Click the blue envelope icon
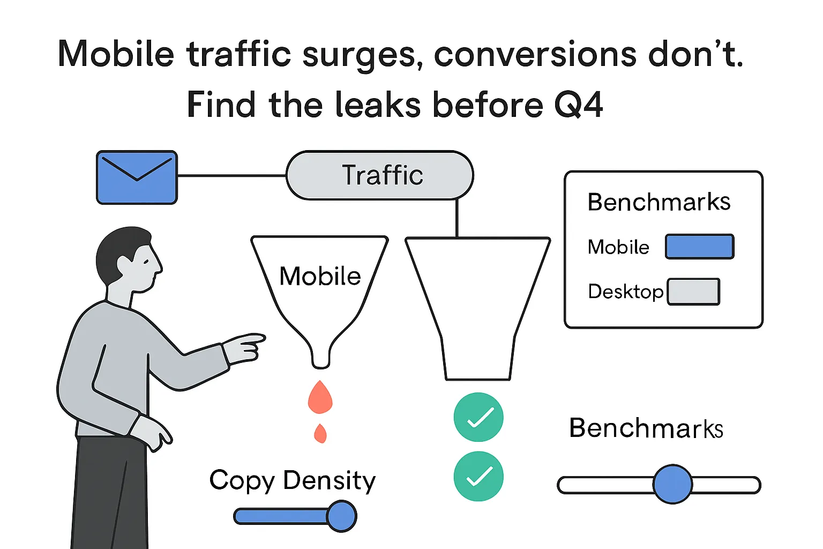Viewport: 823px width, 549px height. pos(137,177)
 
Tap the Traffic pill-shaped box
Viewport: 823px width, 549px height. pos(380,175)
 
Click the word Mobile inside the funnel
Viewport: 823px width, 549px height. pos(320,276)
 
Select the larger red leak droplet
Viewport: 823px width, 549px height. pos(320,397)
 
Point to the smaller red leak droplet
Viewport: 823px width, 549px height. pos(320,433)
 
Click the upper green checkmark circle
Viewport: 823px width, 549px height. pos(478,417)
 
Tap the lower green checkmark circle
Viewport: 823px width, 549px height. pos(478,476)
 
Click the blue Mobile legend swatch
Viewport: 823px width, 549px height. pos(699,247)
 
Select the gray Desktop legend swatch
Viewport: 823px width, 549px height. pos(693,292)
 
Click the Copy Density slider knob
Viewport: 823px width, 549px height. pos(341,516)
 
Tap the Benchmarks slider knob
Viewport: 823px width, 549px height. pos(672,484)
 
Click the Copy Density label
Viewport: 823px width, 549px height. pos(293,480)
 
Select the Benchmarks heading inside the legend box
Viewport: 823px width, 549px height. pos(659,202)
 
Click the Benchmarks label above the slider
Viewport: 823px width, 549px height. pos(646,428)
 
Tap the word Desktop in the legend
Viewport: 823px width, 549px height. pos(625,292)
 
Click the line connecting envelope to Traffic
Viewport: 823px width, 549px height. pos(231,175)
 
